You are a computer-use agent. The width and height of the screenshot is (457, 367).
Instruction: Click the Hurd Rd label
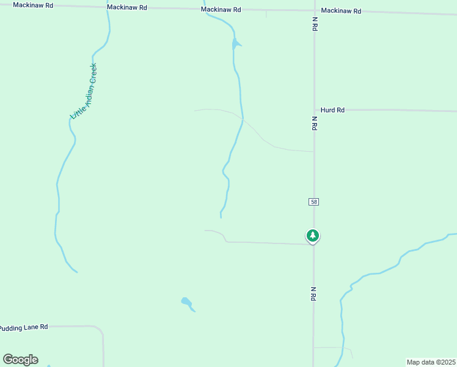[x=332, y=110]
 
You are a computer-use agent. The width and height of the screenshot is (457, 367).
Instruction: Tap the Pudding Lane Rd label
[x=23, y=328]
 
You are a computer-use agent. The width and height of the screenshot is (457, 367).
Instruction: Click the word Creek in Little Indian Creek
[x=93, y=76]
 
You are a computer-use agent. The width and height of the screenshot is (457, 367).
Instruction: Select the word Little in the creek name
[x=78, y=109]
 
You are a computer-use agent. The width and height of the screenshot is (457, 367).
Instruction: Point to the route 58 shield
[x=313, y=202]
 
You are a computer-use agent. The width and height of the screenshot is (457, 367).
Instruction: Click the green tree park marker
[x=313, y=235]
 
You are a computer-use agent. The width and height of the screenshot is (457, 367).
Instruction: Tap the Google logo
[x=21, y=360]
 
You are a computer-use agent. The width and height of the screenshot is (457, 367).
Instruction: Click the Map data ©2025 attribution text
[x=431, y=362]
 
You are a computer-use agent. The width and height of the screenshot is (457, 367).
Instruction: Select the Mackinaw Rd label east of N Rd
[x=341, y=11]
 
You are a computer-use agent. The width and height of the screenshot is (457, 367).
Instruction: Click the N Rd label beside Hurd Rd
[x=314, y=123]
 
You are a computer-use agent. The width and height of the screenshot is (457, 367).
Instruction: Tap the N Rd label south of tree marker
[x=313, y=294]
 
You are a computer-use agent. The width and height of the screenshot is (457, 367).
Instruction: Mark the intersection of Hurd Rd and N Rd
[x=314, y=110]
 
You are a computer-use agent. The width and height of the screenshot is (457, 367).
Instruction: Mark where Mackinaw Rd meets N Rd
[x=314, y=10]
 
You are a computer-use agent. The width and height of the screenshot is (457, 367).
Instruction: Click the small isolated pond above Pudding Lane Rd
[x=186, y=302]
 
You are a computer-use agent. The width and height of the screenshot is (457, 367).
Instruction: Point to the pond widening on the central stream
[x=235, y=43]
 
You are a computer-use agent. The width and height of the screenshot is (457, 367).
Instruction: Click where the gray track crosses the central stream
[x=243, y=119]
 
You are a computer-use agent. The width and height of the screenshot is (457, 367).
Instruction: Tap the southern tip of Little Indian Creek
[x=76, y=272]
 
